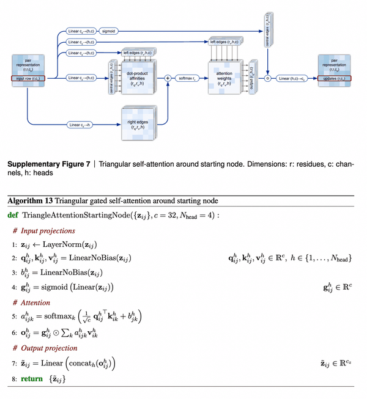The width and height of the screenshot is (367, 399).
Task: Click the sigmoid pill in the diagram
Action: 109,29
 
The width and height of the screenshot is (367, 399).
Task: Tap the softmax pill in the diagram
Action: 185,78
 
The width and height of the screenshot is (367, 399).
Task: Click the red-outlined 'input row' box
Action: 28,78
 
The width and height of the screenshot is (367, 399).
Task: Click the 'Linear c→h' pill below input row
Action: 83,125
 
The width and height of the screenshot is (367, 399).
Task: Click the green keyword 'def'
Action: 12,215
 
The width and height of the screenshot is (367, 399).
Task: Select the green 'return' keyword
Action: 31,379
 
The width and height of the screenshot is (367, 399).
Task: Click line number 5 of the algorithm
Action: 15,317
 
